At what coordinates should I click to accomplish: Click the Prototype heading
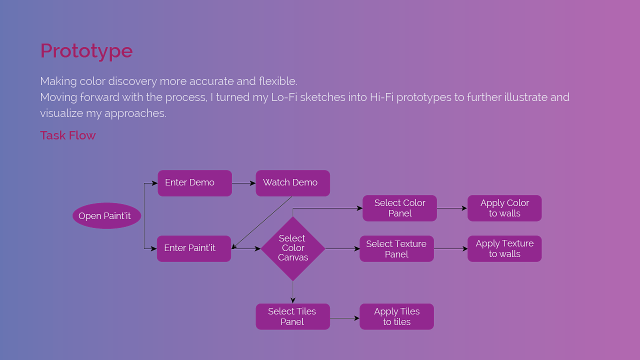click(x=86, y=51)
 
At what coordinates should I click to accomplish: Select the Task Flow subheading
click(x=67, y=135)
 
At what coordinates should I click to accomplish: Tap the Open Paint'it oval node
click(x=106, y=216)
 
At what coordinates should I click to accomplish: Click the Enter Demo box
click(x=194, y=183)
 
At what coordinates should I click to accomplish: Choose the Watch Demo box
click(x=292, y=183)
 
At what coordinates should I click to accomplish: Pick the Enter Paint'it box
click(x=193, y=248)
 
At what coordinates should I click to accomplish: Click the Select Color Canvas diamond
click(x=293, y=248)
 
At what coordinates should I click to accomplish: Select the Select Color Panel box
click(x=399, y=208)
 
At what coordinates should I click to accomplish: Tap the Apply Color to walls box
click(x=504, y=208)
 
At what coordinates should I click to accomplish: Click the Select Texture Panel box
click(x=396, y=249)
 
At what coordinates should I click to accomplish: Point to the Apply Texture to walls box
click(x=504, y=248)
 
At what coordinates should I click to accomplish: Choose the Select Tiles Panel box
click(x=292, y=316)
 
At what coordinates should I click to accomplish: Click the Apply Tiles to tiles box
click(x=396, y=316)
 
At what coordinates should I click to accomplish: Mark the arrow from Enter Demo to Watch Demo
click(x=243, y=183)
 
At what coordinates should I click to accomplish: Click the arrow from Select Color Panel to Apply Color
click(x=452, y=208)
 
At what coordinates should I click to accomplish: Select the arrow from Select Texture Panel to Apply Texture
click(x=450, y=248)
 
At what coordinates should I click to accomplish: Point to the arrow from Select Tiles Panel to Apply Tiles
click(x=344, y=318)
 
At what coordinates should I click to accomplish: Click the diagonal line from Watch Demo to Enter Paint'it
click(x=261, y=222)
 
